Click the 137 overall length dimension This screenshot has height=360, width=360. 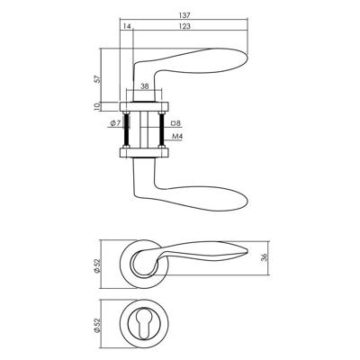tap(184, 15)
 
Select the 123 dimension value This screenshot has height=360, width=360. tap(185, 26)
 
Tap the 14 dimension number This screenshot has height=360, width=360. tap(127, 26)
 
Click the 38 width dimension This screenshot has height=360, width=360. tap(145, 86)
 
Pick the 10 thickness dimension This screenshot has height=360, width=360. tap(96, 107)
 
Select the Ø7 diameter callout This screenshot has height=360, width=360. tap(115, 123)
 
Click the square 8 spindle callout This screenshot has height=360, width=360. tap(175, 123)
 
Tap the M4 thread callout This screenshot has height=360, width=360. tap(177, 137)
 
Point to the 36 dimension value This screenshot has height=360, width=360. tap(264, 257)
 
